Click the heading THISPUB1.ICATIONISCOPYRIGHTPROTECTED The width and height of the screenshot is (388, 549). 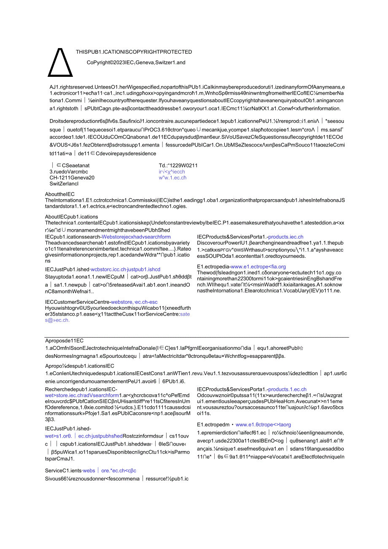(134, 52)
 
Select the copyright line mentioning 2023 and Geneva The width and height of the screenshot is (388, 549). (136, 62)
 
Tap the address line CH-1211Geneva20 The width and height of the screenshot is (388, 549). (72, 178)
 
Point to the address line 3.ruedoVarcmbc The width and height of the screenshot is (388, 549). (69, 172)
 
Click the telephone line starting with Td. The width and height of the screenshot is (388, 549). (178, 165)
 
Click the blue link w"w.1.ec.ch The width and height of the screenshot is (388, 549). (172, 178)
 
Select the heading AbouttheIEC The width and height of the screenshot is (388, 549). (60, 194)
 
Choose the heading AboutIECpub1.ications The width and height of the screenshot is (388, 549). (72, 217)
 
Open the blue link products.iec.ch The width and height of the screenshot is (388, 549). (286, 237)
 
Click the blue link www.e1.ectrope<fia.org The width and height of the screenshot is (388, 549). (258, 267)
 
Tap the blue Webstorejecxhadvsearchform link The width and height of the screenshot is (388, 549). (136, 237)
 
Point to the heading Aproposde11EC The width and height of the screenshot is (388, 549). (65, 341)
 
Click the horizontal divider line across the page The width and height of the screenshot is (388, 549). (197, 337)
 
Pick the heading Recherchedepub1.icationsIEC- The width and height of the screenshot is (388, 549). (81, 389)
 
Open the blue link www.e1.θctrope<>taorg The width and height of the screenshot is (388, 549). (263, 425)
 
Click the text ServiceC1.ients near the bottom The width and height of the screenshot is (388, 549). (63, 471)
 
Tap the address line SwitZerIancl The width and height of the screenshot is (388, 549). (64, 184)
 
